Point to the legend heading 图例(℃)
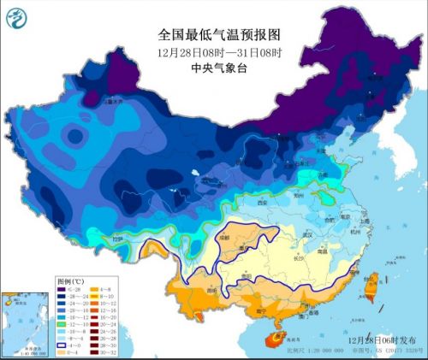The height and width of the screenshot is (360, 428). click(x=69, y=280)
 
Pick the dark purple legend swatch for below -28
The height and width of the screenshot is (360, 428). click(x=62, y=289)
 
